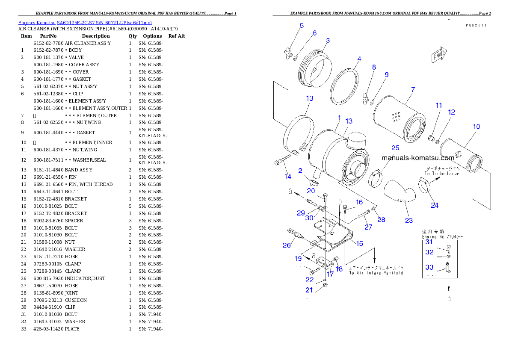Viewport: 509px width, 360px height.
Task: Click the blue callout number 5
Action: tap(302, 26)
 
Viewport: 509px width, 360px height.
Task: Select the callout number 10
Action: tap(476, 127)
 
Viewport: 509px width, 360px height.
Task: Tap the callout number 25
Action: tap(395, 148)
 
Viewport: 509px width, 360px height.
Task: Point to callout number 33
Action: tap(429, 267)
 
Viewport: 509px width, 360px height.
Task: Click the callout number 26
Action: tap(287, 245)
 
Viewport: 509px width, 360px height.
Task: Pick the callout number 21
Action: tap(309, 290)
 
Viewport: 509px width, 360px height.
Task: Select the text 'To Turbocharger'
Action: tap(443, 174)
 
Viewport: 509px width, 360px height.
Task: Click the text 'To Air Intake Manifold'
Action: tap(376, 273)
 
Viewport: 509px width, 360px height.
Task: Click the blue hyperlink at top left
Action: tap(85, 23)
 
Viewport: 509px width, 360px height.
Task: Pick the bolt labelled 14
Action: tap(281, 162)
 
